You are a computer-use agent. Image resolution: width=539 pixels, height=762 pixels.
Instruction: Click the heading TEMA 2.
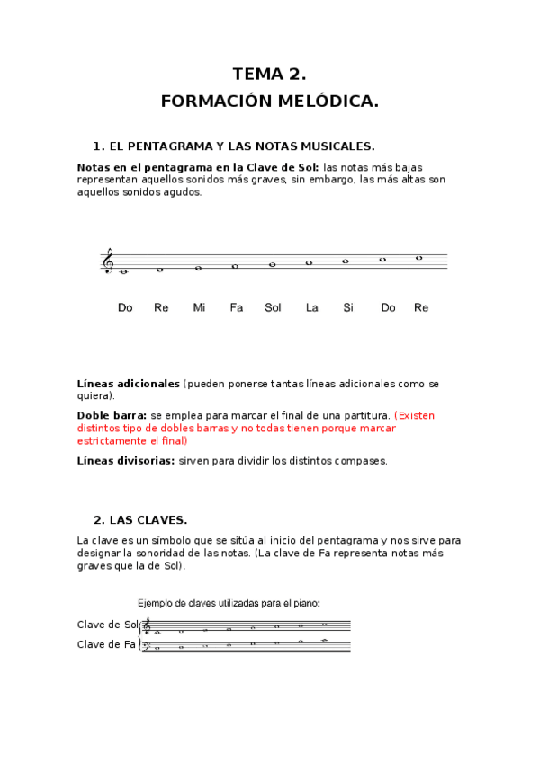[269, 74]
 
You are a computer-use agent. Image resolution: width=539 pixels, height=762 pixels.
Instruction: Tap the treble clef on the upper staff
[108, 261]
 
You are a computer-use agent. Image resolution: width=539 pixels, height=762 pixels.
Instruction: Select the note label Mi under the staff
[199, 307]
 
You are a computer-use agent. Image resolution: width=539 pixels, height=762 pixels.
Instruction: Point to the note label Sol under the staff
[273, 307]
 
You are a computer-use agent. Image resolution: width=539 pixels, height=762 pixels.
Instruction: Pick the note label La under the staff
[311, 307]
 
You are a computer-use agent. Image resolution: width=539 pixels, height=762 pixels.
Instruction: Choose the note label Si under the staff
[348, 307]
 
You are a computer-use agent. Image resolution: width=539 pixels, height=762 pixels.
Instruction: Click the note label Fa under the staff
[236, 307]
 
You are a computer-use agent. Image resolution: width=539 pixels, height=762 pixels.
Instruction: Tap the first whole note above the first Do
[124, 271]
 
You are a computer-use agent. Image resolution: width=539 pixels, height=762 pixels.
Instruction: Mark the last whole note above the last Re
[419, 257]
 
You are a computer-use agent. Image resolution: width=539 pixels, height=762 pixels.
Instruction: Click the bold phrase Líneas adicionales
[129, 384]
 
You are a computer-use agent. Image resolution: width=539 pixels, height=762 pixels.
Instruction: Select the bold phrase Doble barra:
[112, 416]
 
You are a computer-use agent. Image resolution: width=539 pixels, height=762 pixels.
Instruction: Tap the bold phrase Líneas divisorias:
[126, 461]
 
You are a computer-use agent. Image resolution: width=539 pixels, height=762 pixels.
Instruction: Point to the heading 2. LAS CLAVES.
[140, 519]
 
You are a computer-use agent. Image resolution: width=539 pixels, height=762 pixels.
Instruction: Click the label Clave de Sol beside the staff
[107, 625]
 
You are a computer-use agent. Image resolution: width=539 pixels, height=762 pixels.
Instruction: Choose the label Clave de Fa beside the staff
[106, 644]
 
